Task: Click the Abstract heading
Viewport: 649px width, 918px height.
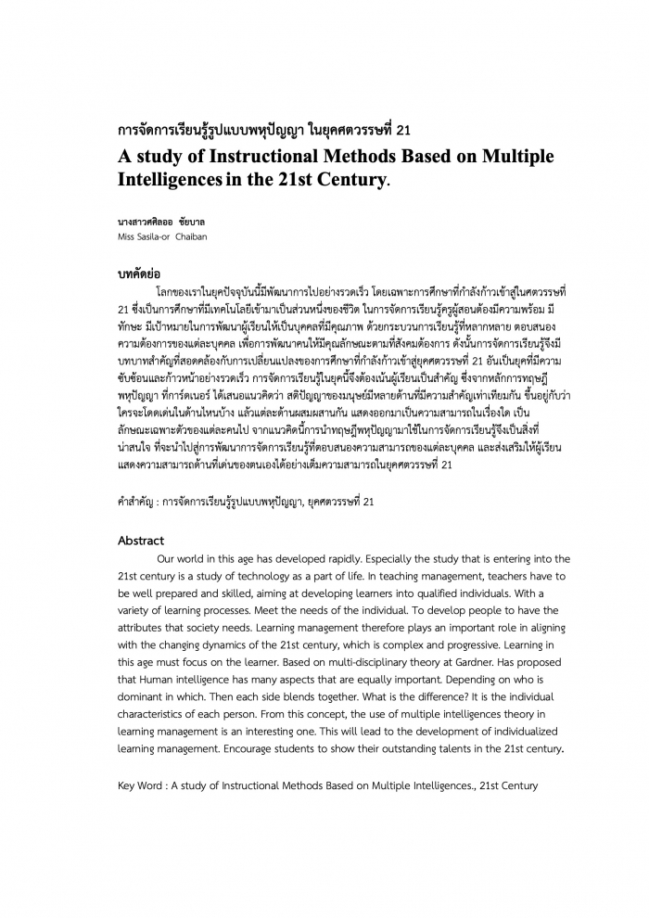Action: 141,541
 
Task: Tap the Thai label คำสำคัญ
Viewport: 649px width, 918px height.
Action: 135,501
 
